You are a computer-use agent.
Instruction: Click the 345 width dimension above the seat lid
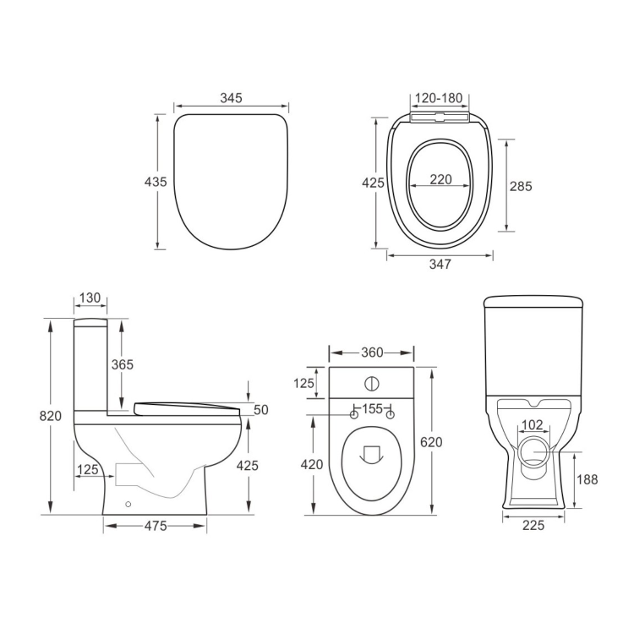pos(231,98)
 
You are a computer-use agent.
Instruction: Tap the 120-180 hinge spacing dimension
pos(439,98)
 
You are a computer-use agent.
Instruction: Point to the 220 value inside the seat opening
pos(440,179)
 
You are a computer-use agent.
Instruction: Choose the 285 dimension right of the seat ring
pos(520,186)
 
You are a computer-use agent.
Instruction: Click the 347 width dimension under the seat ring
pos(440,264)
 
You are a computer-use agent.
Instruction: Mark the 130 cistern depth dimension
pos(90,298)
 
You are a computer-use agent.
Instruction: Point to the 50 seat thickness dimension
pos(260,410)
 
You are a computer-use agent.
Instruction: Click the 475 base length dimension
pos(154,526)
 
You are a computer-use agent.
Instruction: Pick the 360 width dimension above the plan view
pos(371,352)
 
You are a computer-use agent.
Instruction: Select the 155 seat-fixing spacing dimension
pos(372,409)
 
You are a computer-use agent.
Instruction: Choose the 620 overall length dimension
pos(430,441)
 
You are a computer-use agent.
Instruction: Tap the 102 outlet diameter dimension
pos(531,425)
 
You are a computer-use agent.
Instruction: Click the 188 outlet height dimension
pos(588,479)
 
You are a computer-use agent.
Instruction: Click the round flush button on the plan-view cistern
pos(371,383)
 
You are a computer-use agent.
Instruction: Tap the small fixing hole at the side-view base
pos(128,506)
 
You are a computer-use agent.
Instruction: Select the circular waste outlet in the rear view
pos(534,451)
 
